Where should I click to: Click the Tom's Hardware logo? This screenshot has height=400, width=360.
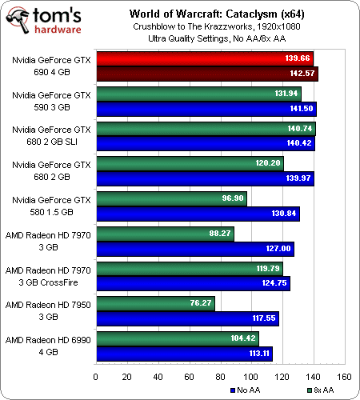tap(44, 21)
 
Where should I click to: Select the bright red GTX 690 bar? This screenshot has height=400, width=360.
tap(205, 58)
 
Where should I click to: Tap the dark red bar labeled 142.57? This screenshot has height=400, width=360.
tap(207, 74)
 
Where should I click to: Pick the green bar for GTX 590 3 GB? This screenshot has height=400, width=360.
tap(198, 94)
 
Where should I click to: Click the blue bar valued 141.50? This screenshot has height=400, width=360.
tap(206, 109)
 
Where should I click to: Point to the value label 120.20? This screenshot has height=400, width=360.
tap(268, 163)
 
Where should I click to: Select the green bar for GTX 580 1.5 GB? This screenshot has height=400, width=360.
tap(171, 198)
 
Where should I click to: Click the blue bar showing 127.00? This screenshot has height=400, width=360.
tap(195, 249)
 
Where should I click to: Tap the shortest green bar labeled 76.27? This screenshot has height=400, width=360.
tap(155, 303)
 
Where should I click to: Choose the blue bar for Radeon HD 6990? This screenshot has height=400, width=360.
tap(185, 354)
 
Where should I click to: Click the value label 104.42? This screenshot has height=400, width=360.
tap(243, 338)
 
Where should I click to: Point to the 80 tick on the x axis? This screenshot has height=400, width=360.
tap(220, 377)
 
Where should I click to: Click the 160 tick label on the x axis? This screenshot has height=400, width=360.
tap(344, 377)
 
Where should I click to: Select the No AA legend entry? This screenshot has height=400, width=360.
tap(246, 390)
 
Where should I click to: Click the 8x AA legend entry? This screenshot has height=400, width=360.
tap(321, 390)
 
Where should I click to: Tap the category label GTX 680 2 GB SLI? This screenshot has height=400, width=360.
tap(51, 136)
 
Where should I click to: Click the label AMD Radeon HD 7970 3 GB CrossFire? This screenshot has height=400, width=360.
tap(48, 277)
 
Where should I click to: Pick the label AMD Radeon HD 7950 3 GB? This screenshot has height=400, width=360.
tap(48, 311)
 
